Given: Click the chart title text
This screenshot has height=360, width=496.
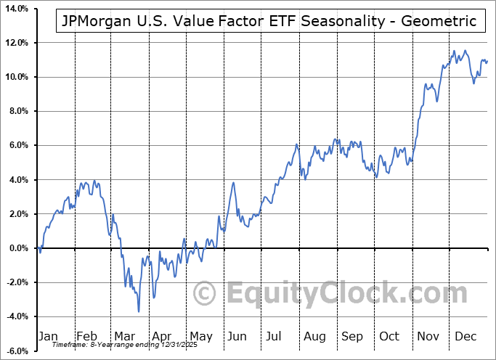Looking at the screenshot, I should click(x=266, y=21).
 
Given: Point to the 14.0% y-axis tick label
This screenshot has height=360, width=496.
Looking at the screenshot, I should click(x=15, y=9).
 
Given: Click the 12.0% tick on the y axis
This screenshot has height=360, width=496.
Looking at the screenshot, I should click(x=15, y=43).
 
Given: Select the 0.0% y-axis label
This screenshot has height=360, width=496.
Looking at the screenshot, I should click(x=16, y=248).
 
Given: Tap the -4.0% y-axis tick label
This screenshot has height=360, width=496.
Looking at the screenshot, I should click(x=15, y=316).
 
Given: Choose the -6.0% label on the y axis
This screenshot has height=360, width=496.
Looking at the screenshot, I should click(x=15, y=351).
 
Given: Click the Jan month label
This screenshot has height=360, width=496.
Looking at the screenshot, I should click(x=47, y=337).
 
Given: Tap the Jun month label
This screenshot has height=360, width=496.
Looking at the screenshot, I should click(x=237, y=337).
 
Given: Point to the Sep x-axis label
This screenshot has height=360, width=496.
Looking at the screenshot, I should click(x=352, y=337).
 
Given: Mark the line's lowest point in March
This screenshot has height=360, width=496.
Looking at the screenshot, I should click(x=139, y=311).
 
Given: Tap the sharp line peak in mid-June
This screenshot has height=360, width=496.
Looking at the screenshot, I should click(x=233, y=182).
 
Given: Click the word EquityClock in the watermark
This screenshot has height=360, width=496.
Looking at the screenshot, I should click(x=337, y=294).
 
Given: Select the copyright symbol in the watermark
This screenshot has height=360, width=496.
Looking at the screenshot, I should click(x=206, y=294).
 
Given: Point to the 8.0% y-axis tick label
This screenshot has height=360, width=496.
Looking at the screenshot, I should click(x=16, y=111).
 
